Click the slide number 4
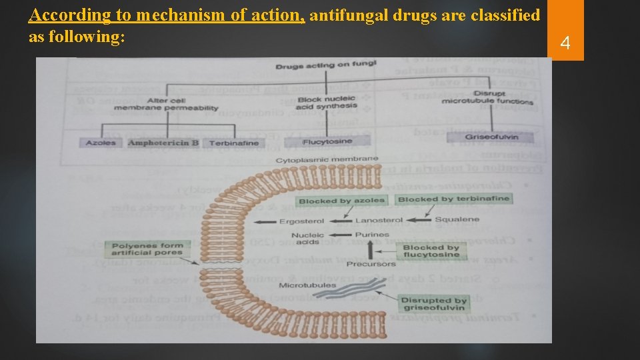(565, 44)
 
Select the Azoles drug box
(101, 143)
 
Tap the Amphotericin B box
(163, 143)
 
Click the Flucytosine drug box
(327, 141)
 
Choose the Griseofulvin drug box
(491, 137)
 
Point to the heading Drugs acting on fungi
(326, 65)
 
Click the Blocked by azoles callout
(341, 200)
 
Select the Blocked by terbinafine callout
(453, 199)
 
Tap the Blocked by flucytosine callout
(431, 251)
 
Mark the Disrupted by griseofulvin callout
(434, 304)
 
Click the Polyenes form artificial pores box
(147, 249)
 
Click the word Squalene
(457, 219)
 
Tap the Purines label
(372, 235)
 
